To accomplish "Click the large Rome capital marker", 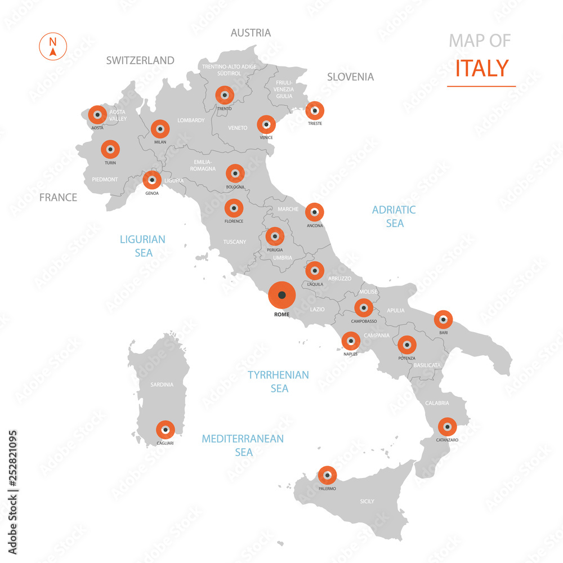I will click(x=282, y=294).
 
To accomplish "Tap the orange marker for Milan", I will click(x=160, y=129).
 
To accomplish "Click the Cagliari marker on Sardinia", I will click(x=166, y=430).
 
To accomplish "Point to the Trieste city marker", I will click(x=315, y=111).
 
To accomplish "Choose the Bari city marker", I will click(x=444, y=320).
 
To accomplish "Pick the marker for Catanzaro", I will click(x=447, y=427).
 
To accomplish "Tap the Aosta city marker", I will click(x=97, y=115).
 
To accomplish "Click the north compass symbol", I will click(x=53, y=46).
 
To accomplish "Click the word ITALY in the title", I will click(x=481, y=68).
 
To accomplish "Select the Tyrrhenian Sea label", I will click(x=279, y=381).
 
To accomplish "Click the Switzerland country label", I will click(x=140, y=60).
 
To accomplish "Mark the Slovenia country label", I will click(x=350, y=77).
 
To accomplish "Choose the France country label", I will click(x=58, y=197).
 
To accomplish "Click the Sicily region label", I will click(x=367, y=501).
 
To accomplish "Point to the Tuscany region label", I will click(x=235, y=242).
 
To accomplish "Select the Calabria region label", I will click(x=437, y=403).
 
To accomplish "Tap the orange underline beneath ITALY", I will click(x=481, y=86).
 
